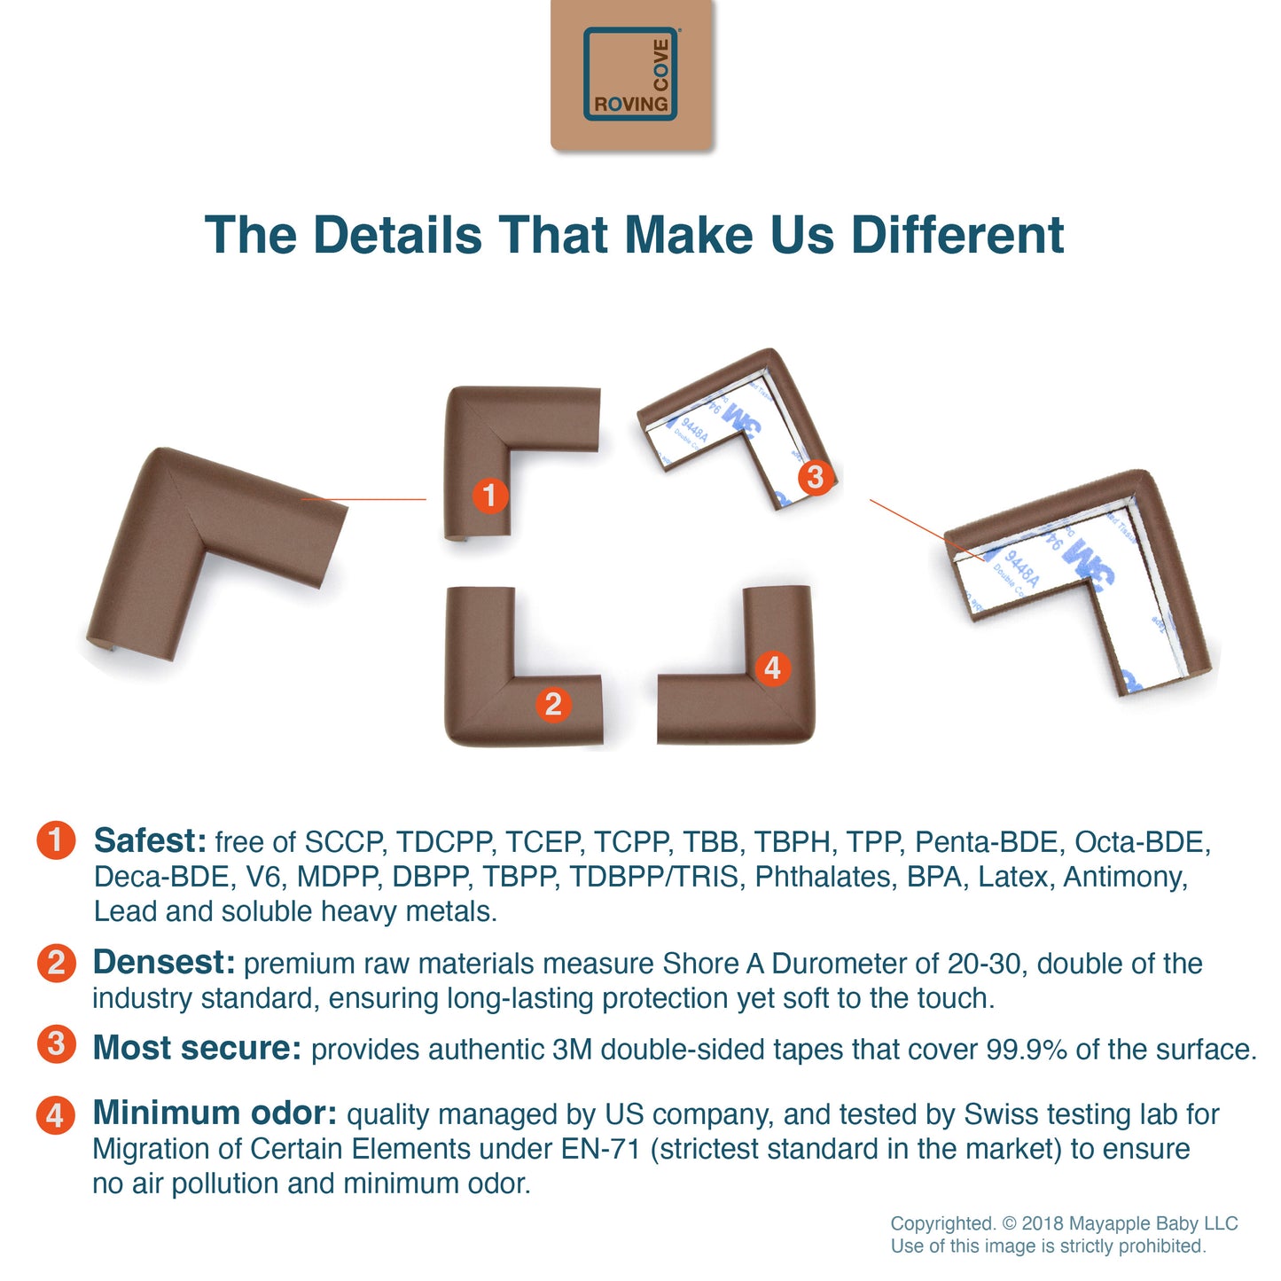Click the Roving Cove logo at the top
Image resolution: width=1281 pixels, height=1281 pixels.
[x=631, y=74]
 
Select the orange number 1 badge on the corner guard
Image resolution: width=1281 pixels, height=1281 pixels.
[x=490, y=496]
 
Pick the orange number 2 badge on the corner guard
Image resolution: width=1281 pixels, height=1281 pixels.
[x=553, y=704]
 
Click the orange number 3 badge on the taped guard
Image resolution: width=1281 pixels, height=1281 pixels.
[x=815, y=477]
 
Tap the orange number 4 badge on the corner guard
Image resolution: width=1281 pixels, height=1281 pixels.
[x=772, y=668]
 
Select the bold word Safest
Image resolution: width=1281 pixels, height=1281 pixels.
[x=150, y=840]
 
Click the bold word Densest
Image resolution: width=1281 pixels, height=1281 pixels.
[x=163, y=962]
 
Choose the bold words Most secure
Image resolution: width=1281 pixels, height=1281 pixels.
[x=197, y=1048]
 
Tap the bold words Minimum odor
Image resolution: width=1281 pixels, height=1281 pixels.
[x=215, y=1113]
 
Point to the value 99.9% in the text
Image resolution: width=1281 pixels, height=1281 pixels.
[x=1027, y=1050]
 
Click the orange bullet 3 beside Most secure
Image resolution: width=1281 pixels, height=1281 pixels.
[x=56, y=1044]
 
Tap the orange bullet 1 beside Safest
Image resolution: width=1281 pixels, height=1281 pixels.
[x=56, y=840]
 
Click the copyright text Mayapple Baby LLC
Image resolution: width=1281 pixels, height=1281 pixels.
[x=1129, y=1224]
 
